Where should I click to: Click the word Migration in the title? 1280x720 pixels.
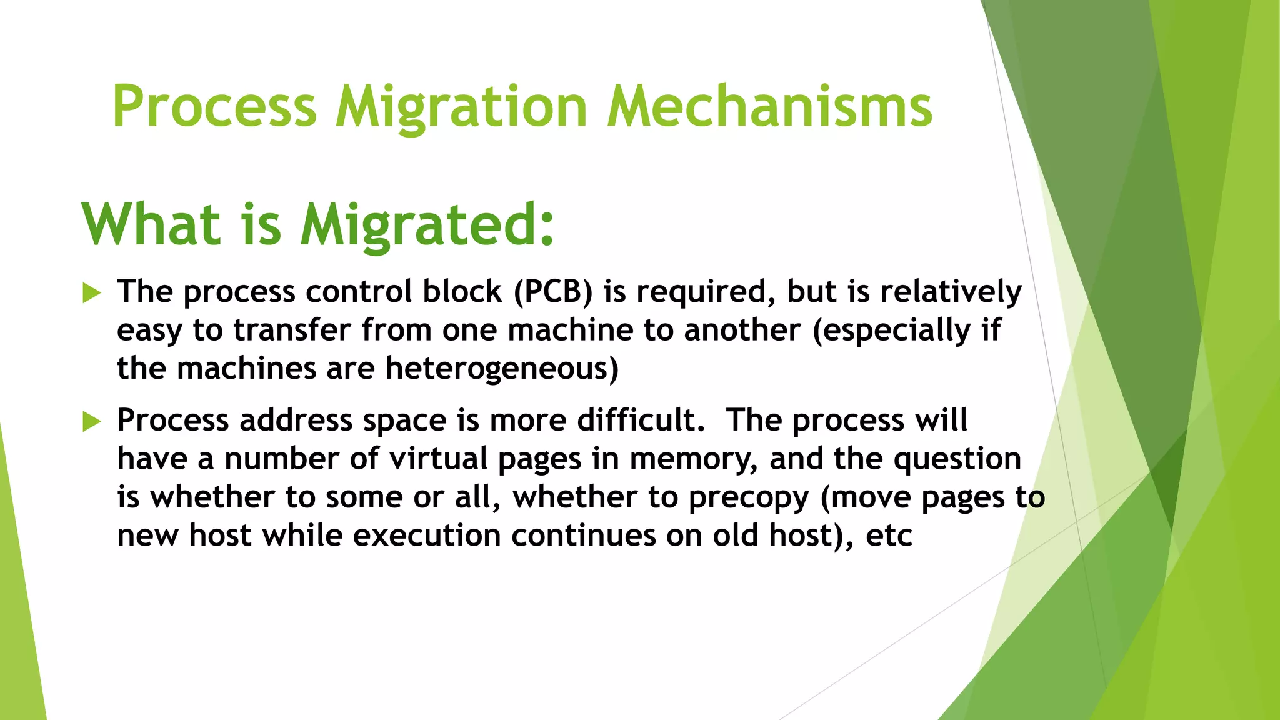[x=461, y=107]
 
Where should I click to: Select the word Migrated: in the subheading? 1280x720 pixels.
[x=427, y=225]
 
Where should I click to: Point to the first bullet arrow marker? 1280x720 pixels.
[x=91, y=292]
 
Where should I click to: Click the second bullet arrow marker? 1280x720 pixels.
[x=91, y=422]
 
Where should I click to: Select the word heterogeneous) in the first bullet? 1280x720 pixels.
[x=502, y=369]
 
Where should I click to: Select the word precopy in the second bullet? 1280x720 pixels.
[x=749, y=498]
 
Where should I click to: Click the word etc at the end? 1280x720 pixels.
[x=889, y=536]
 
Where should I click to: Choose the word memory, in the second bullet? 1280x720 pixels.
[x=694, y=459]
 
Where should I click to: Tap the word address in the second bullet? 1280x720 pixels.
[x=296, y=420]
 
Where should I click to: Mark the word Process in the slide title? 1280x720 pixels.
[x=214, y=107]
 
